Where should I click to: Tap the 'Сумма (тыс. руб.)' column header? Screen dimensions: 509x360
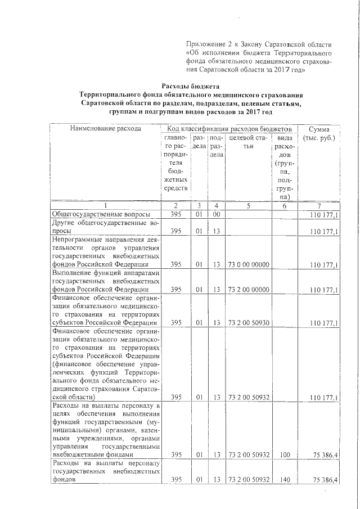click(x=319, y=134)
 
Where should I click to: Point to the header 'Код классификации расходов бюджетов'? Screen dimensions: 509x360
click(x=230, y=129)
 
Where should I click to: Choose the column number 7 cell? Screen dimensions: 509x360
click(x=318, y=205)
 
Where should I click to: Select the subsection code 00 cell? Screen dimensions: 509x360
click(x=216, y=215)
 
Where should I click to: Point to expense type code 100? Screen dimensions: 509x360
click(x=286, y=454)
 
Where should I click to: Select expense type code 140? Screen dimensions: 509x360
click(x=286, y=480)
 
